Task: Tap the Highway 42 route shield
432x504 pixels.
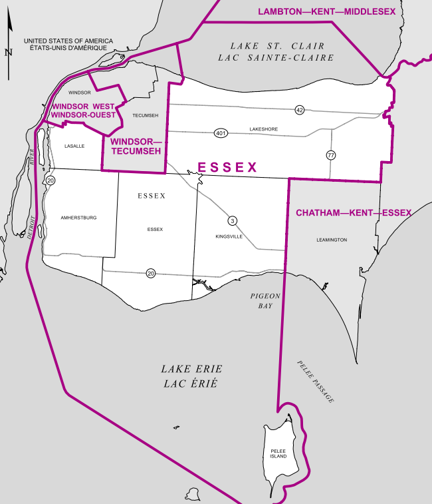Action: click(x=300, y=110)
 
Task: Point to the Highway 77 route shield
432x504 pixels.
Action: click(x=331, y=155)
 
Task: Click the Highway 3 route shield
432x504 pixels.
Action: click(x=232, y=220)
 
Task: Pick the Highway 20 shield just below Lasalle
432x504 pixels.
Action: click(x=51, y=180)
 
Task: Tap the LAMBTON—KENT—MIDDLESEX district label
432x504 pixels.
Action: click(x=326, y=12)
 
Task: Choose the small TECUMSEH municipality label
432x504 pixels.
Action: click(x=146, y=116)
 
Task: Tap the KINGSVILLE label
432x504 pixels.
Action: click(x=229, y=236)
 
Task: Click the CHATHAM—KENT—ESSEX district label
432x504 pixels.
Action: click(x=353, y=213)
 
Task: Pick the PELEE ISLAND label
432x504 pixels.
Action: click(x=278, y=455)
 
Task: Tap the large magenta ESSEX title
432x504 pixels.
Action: click(x=227, y=168)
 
